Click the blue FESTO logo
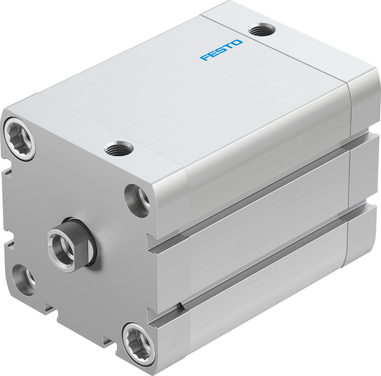tap(221, 50)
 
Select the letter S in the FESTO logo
tap(221, 50)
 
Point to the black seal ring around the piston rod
tap(91, 244)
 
